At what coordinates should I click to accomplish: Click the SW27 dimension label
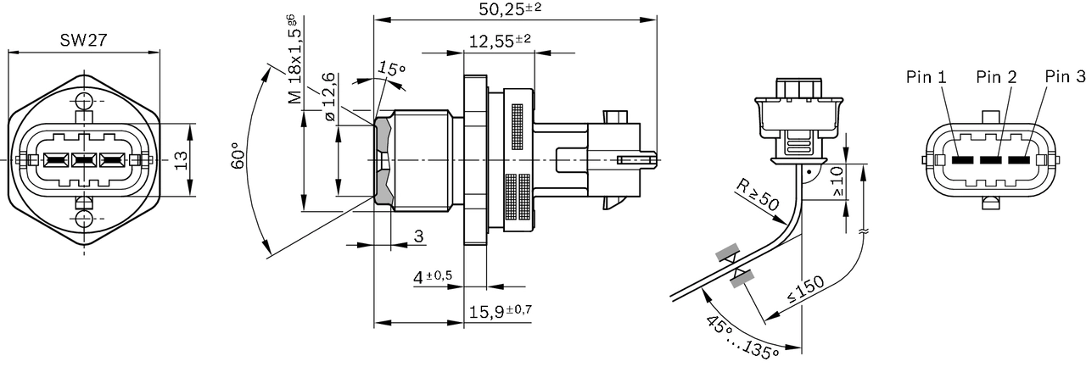click(x=83, y=41)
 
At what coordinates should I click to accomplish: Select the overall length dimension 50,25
click(x=510, y=9)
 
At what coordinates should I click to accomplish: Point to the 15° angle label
click(x=391, y=69)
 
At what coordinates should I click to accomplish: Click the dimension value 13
click(x=181, y=160)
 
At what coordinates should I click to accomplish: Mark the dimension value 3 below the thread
click(x=418, y=236)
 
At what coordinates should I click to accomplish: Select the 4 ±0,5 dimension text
click(x=433, y=277)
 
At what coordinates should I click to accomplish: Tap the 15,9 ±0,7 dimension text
click(x=500, y=311)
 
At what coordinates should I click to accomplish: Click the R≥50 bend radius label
click(x=758, y=194)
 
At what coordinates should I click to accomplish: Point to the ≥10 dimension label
click(x=838, y=181)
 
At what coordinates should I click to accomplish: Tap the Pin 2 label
click(x=996, y=77)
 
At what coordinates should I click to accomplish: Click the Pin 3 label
click(x=1065, y=77)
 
